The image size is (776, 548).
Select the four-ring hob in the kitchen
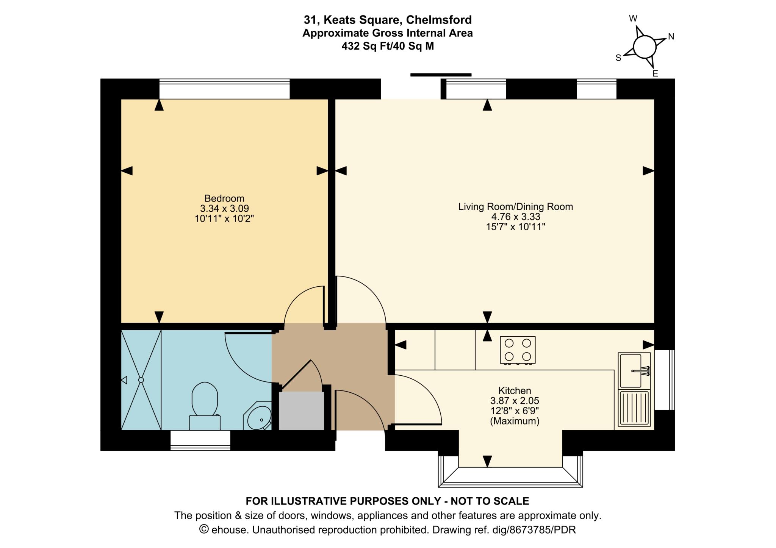pos(518,349)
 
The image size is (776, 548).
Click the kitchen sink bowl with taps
pos(631,370)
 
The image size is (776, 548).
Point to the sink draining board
pos(634,408)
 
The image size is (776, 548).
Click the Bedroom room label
pos(224,198)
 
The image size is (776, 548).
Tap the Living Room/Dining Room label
pos(515,207)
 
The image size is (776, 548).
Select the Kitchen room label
pos(514,390)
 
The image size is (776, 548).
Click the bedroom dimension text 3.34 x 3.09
pos(224,208)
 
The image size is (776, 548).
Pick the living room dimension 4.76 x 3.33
pos(515,217)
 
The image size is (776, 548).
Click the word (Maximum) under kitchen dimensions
pos(515,421)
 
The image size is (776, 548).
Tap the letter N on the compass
pos(671,37)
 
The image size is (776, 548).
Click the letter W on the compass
pos(633,19)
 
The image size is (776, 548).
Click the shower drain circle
pos(141,379)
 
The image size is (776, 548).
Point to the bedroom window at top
pos(224,89)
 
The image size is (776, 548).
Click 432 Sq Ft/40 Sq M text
pos(387,46)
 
